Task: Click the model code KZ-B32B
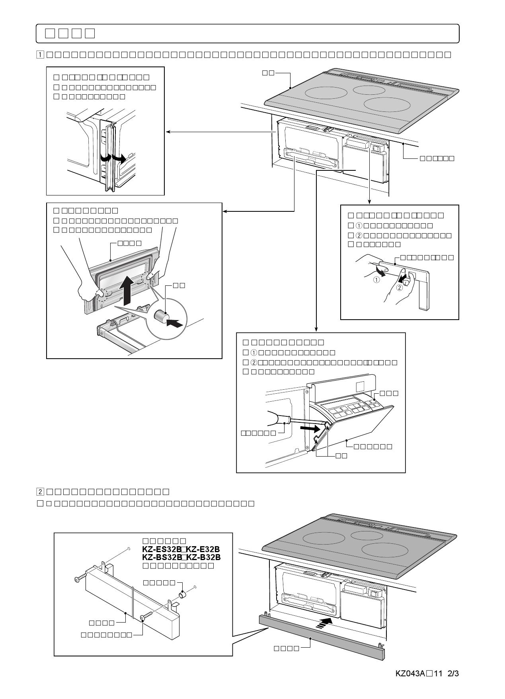(204, 557)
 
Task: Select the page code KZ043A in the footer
(410, 674)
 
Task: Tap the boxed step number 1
(40, 55)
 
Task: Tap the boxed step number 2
(40, 492)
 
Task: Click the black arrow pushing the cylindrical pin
(175, 324)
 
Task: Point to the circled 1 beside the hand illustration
(376, 279)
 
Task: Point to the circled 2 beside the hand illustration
(400, 288)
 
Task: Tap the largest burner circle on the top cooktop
(387, 105)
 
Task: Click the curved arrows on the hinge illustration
(113, 158)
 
